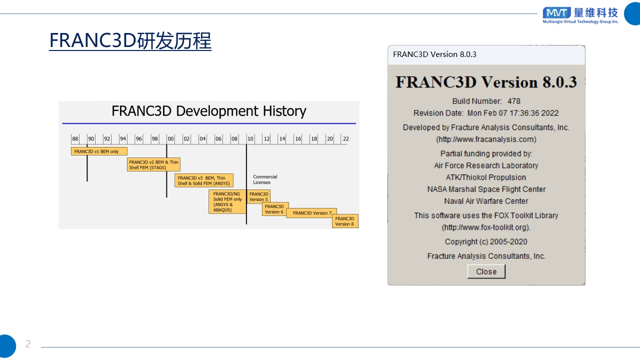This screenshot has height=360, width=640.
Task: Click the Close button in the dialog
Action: (x=486, y=271)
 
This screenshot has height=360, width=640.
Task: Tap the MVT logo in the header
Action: (x=556, y=13)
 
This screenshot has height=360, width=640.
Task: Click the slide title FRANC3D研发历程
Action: (x=130, y=40)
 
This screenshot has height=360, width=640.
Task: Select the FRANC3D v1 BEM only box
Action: (x=99, y=151)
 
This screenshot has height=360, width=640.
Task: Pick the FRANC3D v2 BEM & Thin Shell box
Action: (x=153, y=164)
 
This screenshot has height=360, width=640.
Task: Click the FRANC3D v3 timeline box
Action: (x=204, y=180)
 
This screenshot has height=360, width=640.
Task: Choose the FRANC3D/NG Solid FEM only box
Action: (x=227, y=201)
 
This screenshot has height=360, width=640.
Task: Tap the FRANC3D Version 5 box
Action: (x=258, y=196)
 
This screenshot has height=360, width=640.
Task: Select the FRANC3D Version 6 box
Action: (x=275, y=209)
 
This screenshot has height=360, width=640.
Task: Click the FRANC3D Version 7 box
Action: (x=311, y=213)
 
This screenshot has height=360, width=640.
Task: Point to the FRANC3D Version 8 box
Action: (x=345, y=221)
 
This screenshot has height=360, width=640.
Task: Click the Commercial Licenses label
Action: (x=265, y=179)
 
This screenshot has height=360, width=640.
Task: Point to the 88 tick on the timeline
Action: (x=75, y=139)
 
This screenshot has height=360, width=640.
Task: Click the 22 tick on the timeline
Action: (x=345, y=139)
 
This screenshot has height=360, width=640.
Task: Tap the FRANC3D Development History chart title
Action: (x=209, y=111)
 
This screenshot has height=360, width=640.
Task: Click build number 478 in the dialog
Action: (x=513, y=101)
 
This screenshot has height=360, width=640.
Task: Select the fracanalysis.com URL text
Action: (x=486, y=139)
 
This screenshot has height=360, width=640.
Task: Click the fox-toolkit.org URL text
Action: (x=486, y=227)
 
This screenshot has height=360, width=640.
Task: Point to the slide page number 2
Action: (x=28, y=343)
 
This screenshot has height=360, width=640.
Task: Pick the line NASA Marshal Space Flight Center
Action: (x=486, y=189)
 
